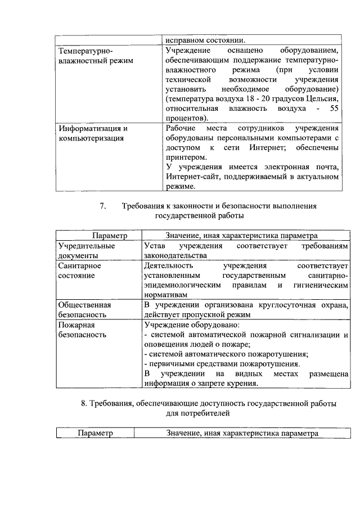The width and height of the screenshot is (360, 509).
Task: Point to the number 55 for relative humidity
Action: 334,108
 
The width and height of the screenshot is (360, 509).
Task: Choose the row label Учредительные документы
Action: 86,251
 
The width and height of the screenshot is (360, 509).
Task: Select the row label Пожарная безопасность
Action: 82,330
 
